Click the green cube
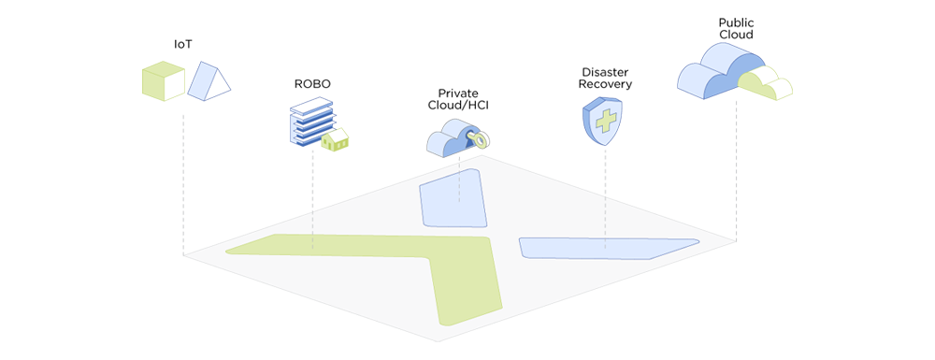163,80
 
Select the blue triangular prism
209,80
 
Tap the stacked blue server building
310,120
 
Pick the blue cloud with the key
451,138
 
